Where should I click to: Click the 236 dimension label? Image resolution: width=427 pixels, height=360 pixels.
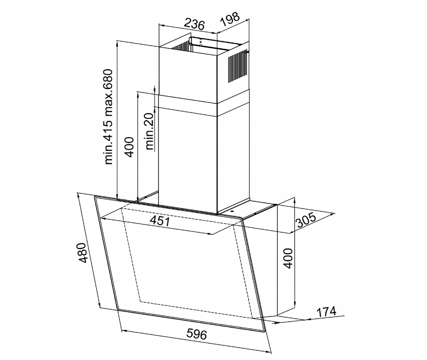[x=194, y=24]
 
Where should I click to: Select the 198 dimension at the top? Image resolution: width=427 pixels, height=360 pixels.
[x=229, y=19]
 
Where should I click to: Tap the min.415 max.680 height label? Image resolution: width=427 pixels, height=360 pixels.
[x=108, y=117]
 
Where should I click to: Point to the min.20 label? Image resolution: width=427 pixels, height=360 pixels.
[x=150, y=131]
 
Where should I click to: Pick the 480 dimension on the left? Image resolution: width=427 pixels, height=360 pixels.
[x=82, y=253]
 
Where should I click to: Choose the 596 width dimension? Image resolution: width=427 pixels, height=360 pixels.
[x=197, y=333]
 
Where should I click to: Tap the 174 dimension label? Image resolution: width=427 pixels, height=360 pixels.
[x=326, y=312]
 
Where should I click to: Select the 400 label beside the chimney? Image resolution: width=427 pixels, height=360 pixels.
[x=129, y=147]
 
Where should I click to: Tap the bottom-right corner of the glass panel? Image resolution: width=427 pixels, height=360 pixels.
[x=265, y=331]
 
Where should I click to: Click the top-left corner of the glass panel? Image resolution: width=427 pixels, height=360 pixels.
[x=95, y=197]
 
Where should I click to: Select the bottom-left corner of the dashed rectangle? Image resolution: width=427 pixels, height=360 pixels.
[x=141, y=302]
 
